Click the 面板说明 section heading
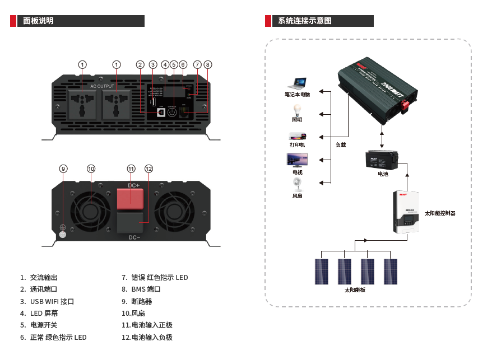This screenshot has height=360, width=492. pos(39,21)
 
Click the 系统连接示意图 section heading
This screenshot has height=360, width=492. pos(305,21)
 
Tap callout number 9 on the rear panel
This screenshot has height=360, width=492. pos(63,169)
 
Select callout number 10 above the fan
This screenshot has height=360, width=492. pos(91,169)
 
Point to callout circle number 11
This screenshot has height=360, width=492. pos(131,169)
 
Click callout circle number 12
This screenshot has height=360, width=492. pos(148,169)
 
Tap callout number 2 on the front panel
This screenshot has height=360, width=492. pos(140,64)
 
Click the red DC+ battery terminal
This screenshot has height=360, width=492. pos(131,197)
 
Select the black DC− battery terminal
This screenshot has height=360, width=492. pos(131,223)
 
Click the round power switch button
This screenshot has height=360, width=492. pos(172,111)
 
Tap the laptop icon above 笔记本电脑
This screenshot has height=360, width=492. pos(297,83)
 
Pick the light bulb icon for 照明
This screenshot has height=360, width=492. pos(297,109)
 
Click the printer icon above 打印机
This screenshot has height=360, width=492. pos(297,135)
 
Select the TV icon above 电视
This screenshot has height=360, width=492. pos(297,160)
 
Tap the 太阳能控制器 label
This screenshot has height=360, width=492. pos(440,213)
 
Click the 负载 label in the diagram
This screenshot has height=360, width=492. pos(341,145)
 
